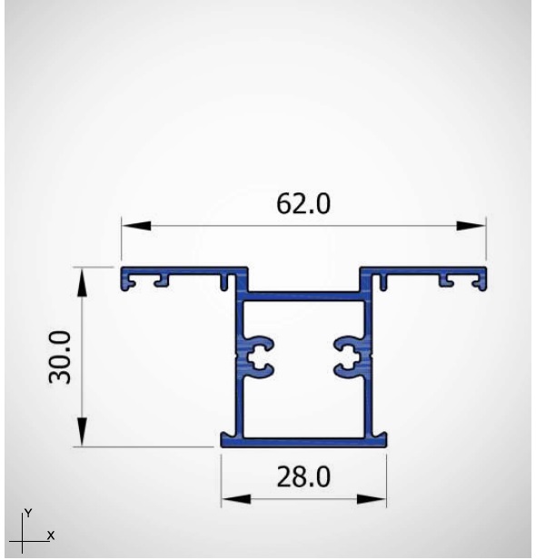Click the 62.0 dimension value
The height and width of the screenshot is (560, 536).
point(303,203)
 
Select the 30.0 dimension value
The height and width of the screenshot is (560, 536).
point(60,357)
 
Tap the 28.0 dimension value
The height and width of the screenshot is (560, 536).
point(303,476)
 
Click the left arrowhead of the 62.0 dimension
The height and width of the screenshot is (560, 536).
point(136,226)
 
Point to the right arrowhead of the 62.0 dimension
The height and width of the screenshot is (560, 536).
point(471,226)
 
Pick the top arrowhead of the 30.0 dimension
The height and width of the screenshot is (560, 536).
point(83,281)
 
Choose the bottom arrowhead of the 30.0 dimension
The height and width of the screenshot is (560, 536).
point(83,432)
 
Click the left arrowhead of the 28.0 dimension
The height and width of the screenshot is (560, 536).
point(236,499)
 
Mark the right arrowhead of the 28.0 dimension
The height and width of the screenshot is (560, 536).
point(372,499)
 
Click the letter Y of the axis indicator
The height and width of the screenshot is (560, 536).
point(28,513)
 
